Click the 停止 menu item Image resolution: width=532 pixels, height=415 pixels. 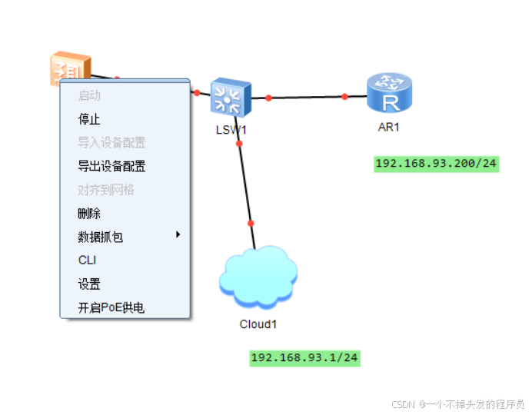point(89,119)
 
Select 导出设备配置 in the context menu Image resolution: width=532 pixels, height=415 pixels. point(111,166)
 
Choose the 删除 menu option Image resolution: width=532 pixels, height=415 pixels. point(89,214)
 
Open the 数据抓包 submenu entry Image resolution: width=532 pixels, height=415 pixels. point(100,237)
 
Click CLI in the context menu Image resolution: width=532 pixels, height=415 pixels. point(87,261)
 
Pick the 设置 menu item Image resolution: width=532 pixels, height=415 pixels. point(89,284)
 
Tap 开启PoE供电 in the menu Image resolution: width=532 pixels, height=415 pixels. point(111,308)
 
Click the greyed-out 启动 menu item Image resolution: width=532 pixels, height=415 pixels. point(89,96)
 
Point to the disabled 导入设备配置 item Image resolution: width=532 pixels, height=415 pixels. point(111,143)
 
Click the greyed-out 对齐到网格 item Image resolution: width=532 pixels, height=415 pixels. point(106,190)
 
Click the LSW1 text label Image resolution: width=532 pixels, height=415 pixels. point(231,130)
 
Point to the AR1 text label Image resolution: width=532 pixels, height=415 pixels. point(389,127)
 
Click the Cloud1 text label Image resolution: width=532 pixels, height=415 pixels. point(258,324)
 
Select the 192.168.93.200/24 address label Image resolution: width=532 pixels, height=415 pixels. point(436,164)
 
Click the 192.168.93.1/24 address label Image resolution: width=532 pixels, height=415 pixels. point(305,357)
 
